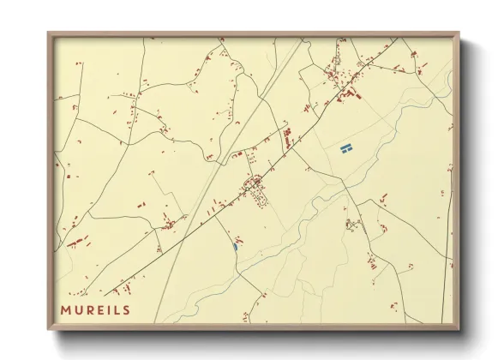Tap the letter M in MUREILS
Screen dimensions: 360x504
[x=65, y=309]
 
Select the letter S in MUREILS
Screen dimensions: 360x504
[x=126, y=309]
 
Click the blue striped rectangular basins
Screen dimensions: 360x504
[x=346, y=150]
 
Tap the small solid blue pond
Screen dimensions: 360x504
[x=234, y=246]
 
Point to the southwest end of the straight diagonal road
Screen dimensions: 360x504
[x=106, y=293]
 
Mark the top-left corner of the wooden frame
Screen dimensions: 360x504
[x=50, y=35]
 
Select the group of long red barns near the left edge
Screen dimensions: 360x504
[x=77, y=241]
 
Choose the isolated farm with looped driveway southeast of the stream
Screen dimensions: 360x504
[x=351, y=225]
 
